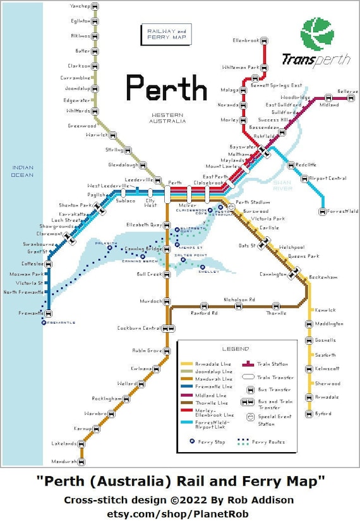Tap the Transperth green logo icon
coord(317,35)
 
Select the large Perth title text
coord(166,88)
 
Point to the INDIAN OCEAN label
coord(22,171)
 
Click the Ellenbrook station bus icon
coord(264,41)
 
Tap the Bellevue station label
coord(347,91)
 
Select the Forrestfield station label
coord(343,211)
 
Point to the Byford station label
coord(323,414)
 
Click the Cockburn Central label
coord(138,328)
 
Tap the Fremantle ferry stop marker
coord(44,322)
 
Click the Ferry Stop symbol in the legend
coord(192,441)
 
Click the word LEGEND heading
coord(235,349)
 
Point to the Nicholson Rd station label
coord(239,299)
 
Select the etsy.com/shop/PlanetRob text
coord(179,512)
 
